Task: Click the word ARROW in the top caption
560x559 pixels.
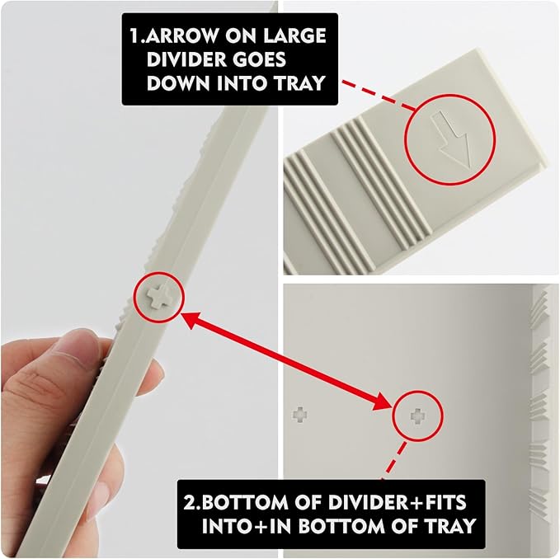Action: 181,35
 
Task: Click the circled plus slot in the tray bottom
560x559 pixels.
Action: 417,416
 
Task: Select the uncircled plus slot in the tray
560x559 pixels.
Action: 299,414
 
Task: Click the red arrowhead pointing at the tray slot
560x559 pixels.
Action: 384,402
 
